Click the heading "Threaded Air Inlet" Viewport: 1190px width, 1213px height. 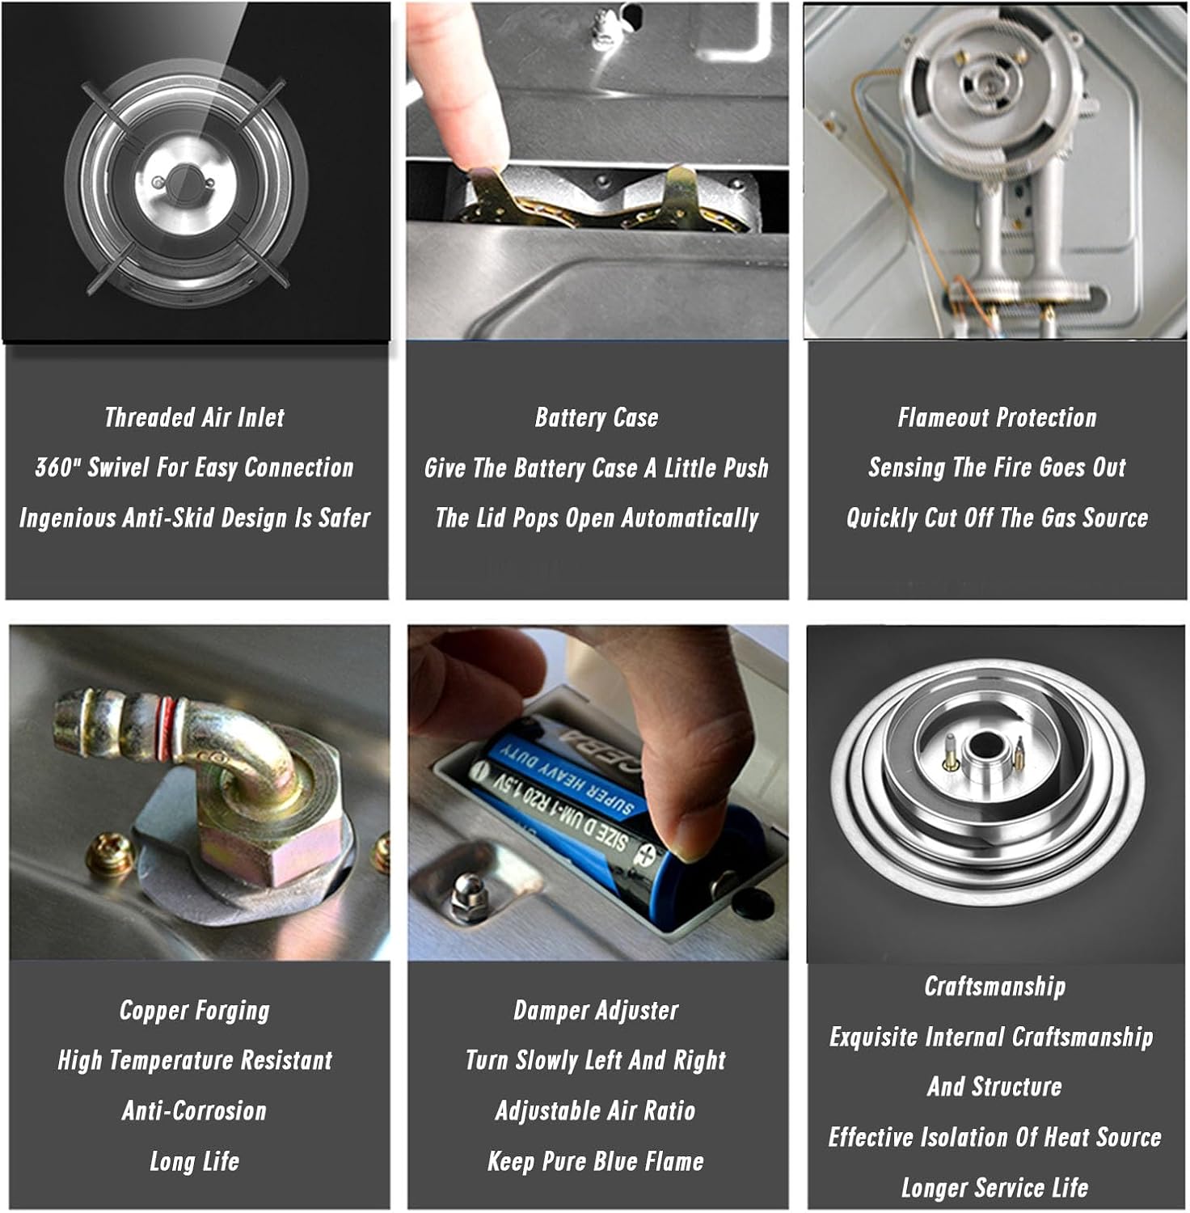click(x=195, y=417)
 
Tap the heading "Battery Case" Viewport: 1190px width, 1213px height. click(x=597, y=417)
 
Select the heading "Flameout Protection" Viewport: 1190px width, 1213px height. click(x=997, y=417)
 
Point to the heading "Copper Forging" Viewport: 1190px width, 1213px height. click(x=195, y=1010)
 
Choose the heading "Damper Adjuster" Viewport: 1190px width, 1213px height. click(x=597, y=1010)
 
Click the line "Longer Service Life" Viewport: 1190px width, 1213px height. click(x=995, y=1188)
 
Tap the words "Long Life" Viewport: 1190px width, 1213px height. click(x=195, y=1162)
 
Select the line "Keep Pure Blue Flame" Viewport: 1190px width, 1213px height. click(x=596, y=1162)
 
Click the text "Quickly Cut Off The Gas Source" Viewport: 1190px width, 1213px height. click(x=997, y=518)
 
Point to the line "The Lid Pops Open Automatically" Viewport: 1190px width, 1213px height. click(x=597, y=518)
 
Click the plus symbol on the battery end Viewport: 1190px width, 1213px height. click(x=647, y=852)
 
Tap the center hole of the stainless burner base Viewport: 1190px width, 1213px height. click(x=983, y=746)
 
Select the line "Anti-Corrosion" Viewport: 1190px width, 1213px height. click(x=195, y=1111)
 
